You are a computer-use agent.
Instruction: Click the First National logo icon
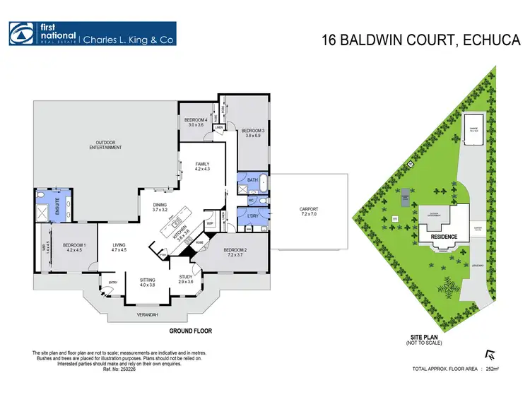(x=20, y=33)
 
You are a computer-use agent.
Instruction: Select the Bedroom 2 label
(x=235, y=252)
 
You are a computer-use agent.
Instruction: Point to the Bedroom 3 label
(x=252, y=132)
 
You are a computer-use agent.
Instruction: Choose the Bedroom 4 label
(x=196, y=122)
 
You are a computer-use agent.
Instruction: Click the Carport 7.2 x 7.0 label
(x=310, y=211)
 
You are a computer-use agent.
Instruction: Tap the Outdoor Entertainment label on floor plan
(x=105, y=145)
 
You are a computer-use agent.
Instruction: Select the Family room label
(x=203, y=166)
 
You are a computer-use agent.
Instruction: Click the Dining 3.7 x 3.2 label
(x=159, y=208)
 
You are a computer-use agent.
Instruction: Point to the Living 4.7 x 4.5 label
(x=119, y=247)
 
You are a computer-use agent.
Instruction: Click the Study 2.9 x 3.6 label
(x=185, y=279)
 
